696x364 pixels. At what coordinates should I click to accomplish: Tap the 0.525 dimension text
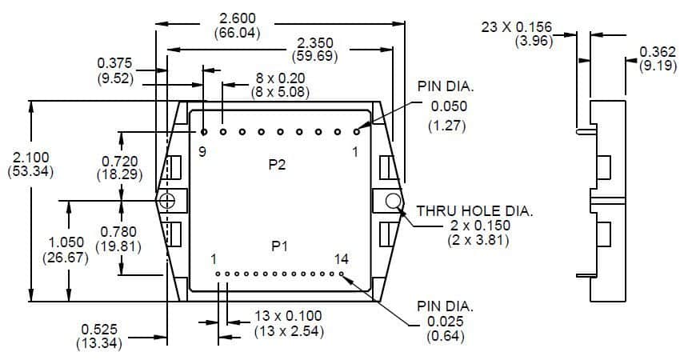98,329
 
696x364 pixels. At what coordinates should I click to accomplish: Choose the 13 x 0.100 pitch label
287,317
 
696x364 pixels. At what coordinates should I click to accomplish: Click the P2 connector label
278,165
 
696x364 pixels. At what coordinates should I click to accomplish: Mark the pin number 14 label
342,258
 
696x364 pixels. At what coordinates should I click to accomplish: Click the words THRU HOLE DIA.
474,211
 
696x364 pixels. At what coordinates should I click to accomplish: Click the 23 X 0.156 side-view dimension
517,28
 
